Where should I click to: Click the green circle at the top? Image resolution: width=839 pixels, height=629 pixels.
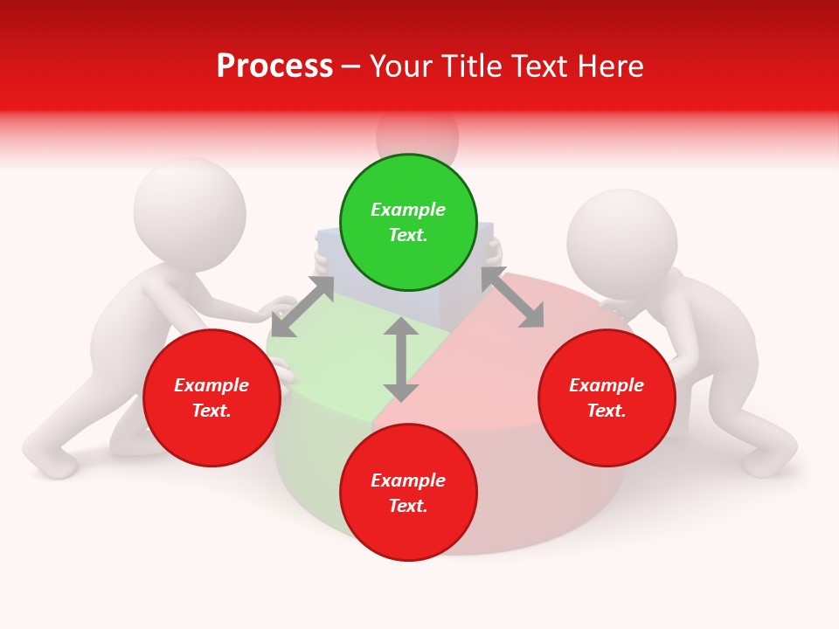pos(408,222)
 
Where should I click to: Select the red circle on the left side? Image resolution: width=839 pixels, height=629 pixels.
pos(211,397)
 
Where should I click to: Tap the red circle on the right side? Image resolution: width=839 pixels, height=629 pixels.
pos(607,397)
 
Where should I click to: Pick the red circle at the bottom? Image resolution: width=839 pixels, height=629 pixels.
pos(408,493)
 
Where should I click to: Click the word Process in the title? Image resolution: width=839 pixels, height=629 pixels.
pos(274,66)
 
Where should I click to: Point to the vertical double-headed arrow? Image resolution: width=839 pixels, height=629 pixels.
pos(401,359)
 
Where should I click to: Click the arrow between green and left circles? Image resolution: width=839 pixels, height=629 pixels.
pos(302,307)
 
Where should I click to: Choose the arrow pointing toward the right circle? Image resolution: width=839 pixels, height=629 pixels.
pos(513,298)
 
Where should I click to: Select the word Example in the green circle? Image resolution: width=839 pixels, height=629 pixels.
pos(408,210)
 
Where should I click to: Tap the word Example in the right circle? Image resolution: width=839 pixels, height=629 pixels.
pos(607,385)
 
